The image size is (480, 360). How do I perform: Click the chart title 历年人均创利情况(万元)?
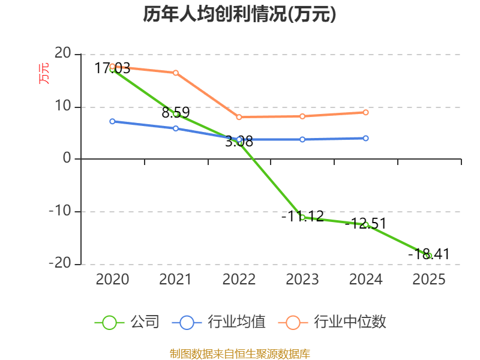pos(239,14)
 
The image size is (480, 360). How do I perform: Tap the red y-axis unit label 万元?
pos(44,73)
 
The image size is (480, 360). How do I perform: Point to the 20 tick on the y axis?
pos(63,53)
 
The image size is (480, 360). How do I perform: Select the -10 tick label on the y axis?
pos(60,211)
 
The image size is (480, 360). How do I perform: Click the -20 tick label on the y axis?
pos(60,263)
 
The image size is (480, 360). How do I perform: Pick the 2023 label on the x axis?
pos(302,279)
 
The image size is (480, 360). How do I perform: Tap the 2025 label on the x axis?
pos(429,279)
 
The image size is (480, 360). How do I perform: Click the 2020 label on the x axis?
pos(112,279)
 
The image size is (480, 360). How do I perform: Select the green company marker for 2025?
pos(429,256)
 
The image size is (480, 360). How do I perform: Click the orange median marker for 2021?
pos(176,73)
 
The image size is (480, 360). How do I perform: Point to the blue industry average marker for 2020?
pos(112,122)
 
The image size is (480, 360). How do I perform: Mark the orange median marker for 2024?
pos(365,112)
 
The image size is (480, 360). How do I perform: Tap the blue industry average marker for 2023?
pos(302,140)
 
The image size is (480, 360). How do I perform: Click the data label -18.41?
pos(428,254)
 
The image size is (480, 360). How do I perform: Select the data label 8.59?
pos(176,112)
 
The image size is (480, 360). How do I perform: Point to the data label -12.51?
pos(365,223)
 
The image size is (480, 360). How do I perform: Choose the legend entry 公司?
pos(127,322)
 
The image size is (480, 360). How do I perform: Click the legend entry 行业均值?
pos(219,322)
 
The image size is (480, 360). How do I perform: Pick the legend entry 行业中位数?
pos(332,322)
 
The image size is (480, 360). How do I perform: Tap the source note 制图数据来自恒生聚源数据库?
pos(239,354)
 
